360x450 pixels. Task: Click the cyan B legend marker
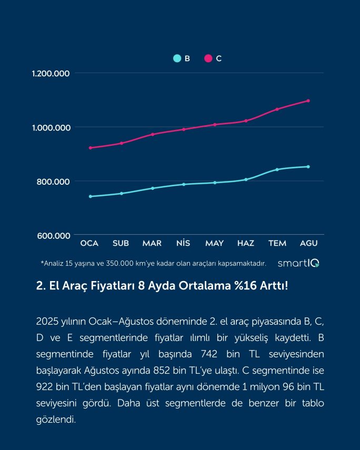click(177, 58)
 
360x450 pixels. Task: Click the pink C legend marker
click(208, 58)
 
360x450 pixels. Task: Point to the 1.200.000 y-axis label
click(51, 74)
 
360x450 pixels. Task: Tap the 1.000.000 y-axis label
click(51, 127)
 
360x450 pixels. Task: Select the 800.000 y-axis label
click(54, 182)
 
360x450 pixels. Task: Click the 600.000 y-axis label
click(54, 235)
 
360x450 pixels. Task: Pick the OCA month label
click(89, 243)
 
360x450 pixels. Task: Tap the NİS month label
click(183, 243)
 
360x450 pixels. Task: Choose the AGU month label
click(308, 243)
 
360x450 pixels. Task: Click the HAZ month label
click(246, 243)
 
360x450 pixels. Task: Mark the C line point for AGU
click(308, 101)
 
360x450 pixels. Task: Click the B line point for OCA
click(91, 196)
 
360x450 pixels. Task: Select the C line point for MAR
click(153, 134)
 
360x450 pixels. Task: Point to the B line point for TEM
click(277, 169)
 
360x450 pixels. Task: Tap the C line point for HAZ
click(246, 121)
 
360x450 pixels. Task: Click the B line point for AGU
click(308, 167)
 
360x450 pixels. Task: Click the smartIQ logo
click(298, 263)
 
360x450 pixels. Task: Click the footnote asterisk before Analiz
click(42, 262)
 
